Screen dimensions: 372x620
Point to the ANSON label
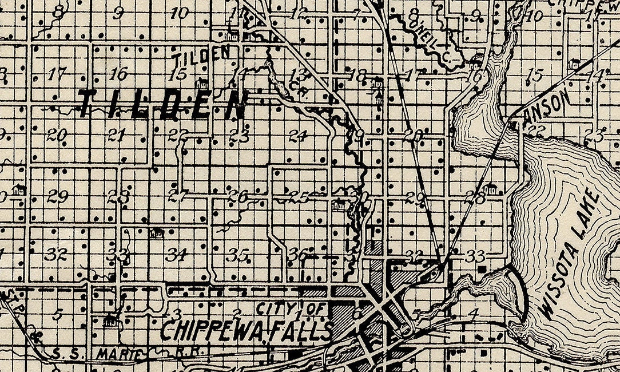548,104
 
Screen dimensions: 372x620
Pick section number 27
178,196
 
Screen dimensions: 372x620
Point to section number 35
236,255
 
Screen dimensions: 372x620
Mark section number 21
117,135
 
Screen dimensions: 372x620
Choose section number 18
357,75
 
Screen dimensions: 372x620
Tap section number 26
237,196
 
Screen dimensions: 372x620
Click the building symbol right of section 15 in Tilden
201,82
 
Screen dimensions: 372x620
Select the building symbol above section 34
155,233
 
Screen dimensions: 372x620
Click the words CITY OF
291,310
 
